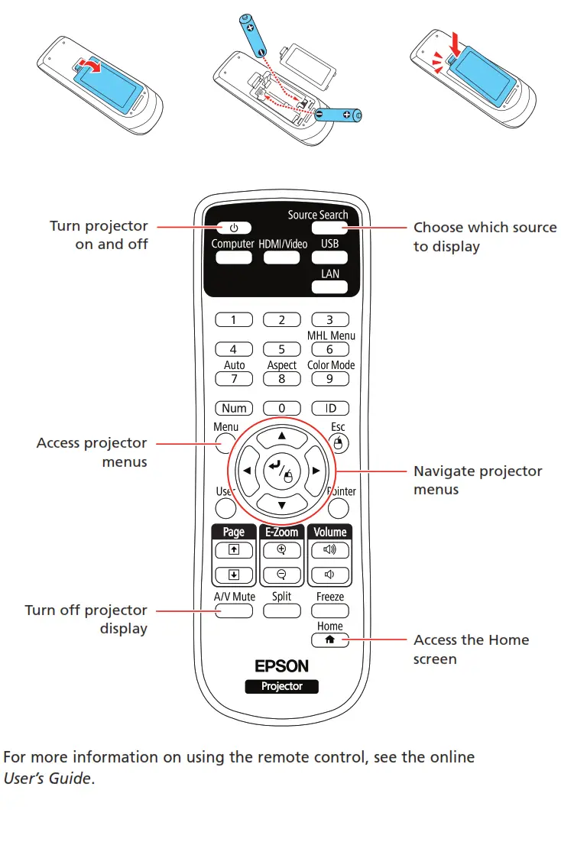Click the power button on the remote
tap(234, 228)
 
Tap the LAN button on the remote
tap(330, 287)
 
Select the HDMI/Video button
tap(282, 257)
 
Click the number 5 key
tap(282, 349)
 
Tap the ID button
tap(330, 409)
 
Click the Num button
tap(234, 409)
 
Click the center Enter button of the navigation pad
tap(281, 471)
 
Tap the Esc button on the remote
tap(339, 442)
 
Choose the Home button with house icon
tap(330, 640)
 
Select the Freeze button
tap(330, 610)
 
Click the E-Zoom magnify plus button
tap(282, 549)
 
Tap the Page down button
tap(234, 575)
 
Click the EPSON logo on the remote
tap(282, 666)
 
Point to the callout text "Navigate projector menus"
tap(477, 480)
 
